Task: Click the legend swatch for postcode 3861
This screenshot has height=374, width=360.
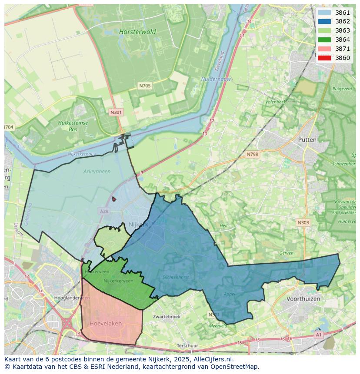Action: [324, 13]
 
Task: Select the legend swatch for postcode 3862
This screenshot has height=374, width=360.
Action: [324, 22]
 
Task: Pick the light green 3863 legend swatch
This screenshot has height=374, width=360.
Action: [324, 30]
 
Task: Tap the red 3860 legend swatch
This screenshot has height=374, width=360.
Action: [324, 58]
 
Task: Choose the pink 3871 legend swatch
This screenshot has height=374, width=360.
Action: [324, 49]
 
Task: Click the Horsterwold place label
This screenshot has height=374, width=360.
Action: [137, 32]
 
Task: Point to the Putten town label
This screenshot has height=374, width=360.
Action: [307, 139]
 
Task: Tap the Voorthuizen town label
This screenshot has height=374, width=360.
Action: [303, 299]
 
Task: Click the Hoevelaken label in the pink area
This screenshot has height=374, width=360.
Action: [106, 324]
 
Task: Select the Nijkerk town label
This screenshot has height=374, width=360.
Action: [139, 225]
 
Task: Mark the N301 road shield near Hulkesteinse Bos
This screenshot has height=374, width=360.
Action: [116, 112]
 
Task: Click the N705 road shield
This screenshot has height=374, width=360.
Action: [145, 86]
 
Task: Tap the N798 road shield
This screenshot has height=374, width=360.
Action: [252, 154]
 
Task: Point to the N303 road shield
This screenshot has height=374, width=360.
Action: [303, 222]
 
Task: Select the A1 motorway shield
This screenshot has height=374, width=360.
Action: [319, 335]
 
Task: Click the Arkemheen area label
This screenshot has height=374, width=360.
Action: [97, 171]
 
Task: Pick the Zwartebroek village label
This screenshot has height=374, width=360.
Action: [167, 317]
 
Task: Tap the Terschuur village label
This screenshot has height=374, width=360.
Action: [188, 346]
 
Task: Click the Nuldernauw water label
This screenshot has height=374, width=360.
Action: [216, 79]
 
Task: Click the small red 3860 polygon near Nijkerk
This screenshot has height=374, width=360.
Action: [114, 199]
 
